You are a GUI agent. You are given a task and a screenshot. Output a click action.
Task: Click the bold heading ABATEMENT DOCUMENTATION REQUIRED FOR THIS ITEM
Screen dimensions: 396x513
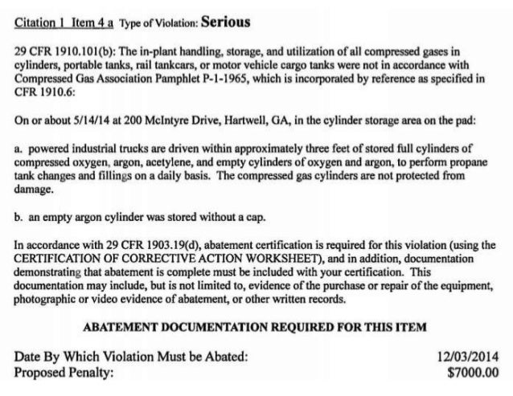point(256,327)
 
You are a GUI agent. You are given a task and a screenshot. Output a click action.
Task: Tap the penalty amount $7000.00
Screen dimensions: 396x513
point(472,372)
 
